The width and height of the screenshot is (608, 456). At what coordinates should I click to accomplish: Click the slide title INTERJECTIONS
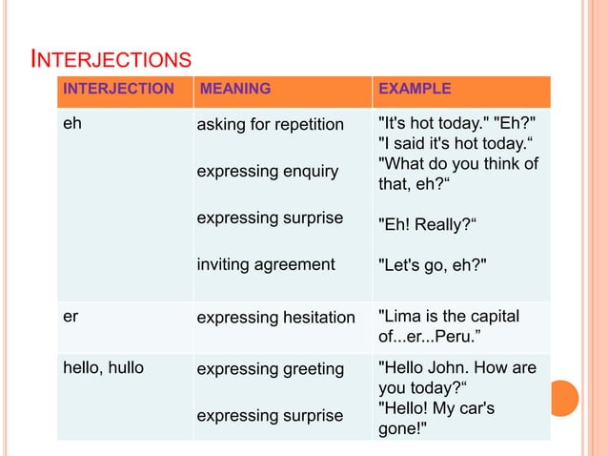click(x=111, y=61)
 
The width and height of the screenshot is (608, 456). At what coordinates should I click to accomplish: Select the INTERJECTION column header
click(x=118, y=90)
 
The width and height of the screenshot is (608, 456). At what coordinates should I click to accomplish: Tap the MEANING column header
click(x=233, y=90)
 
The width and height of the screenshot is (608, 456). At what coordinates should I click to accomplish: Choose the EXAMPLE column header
click(x=415, y=90)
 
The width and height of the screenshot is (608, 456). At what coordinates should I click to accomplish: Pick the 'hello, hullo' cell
click(x=103, y=369)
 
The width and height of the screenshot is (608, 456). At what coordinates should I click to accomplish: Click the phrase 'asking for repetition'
click(x=270, y=125)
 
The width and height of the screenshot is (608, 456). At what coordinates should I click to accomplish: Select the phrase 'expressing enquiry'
click(x=267, y=172)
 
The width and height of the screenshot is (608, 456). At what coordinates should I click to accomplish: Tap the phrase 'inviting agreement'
click(x=265, y=264)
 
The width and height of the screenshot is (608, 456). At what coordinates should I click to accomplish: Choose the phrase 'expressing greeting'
click(x=270, y=369)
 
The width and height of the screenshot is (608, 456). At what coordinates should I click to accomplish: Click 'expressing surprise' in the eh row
click(x=270, y=218)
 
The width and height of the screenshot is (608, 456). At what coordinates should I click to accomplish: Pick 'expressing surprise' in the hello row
click(x=270, y=416)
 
